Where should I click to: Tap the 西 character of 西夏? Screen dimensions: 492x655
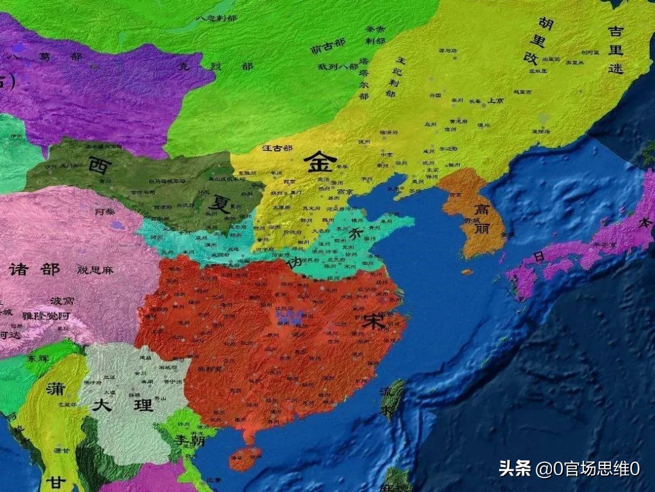tap(99, 164)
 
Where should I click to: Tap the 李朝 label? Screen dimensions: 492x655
tap(189, 440)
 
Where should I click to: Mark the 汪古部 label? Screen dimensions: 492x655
tap(277, 148)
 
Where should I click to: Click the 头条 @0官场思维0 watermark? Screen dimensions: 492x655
tap(569, 468)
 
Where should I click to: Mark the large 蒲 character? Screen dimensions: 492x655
tap(55, 388)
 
